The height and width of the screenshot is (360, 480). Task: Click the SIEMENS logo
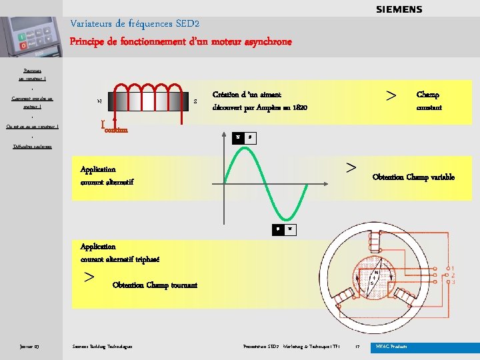click(399, 9)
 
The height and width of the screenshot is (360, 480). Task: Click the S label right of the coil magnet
click(195, 101)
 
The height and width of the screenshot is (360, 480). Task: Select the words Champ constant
click(428, 101)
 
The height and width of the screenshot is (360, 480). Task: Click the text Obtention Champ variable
click(413, 177)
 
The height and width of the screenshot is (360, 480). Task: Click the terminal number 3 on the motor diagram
click(453, 282)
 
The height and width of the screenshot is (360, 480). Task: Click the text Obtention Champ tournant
click(155, 285)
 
